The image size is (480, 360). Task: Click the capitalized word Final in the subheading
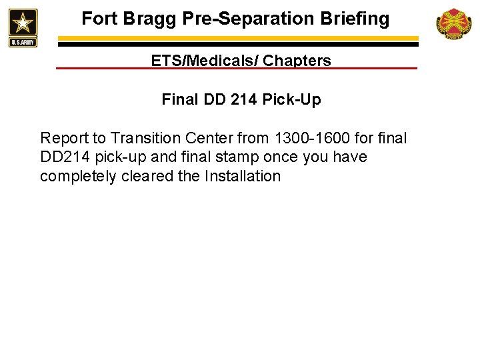click(179, 100)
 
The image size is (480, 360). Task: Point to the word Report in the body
click(64, 138)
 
